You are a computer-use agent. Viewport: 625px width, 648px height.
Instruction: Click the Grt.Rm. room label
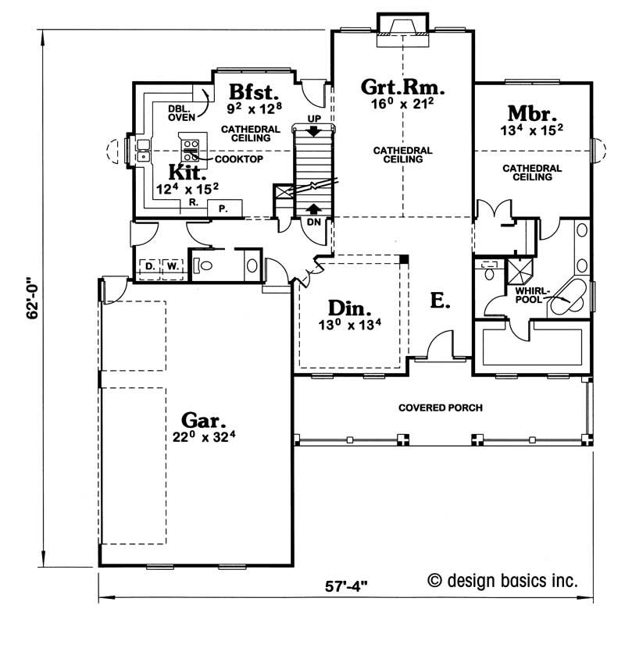click(x=402, y=87)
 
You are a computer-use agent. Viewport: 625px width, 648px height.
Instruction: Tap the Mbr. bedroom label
click(x=532, y=113)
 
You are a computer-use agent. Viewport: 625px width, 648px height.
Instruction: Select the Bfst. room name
click(x=254, y=92)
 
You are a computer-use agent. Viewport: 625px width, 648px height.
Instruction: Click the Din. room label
click(x=349, y=308)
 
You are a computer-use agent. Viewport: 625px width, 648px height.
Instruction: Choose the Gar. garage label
click(x=203, y=420)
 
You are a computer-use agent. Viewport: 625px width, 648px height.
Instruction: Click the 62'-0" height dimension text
click(x=32, y=298)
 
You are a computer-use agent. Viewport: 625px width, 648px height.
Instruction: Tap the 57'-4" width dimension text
click(x=346, y=586)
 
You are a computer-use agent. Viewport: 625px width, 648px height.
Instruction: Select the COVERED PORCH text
click(x=441, y=408)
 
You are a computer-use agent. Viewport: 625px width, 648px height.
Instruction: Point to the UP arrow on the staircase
click(x=314, y=131)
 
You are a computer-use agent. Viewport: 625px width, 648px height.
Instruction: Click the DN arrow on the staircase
click(x=314, y=208)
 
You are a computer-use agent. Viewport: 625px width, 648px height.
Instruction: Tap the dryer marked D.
click(x=150, y=266)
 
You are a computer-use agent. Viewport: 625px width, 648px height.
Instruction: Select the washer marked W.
click(x=173, y=266)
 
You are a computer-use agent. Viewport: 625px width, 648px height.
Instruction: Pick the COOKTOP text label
click(x=238, y=159)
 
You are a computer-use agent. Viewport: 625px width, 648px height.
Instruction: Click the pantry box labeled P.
click(x=224, y=208)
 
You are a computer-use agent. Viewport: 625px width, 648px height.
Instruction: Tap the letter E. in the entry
click(x=440, y=301)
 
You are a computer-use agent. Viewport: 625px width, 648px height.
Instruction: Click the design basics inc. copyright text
click(x=502, y=581)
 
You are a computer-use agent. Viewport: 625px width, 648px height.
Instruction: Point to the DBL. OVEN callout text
click(x=181, y=113)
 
